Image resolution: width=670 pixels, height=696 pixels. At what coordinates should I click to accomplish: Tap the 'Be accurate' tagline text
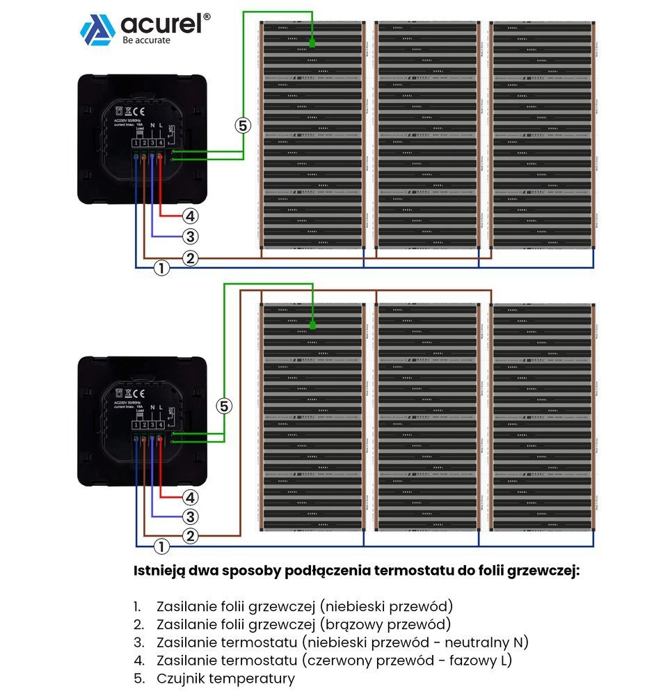146,40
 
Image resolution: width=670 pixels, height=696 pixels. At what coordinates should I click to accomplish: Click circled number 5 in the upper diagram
241,125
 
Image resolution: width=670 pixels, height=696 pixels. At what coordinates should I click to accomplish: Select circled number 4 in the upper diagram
191,216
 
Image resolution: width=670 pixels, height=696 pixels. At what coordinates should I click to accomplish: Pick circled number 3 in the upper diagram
191,236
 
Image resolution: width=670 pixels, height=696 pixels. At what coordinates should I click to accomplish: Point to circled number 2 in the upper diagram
191,258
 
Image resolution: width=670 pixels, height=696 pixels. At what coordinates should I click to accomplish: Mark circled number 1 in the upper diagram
161,267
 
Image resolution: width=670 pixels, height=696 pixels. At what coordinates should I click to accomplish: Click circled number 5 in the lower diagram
223,406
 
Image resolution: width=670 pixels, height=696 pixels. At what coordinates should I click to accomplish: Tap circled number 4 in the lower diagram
191,497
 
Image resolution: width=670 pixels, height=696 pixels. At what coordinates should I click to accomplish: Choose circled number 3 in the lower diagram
191,516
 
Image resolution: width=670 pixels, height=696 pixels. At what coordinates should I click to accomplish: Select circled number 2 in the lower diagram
191,536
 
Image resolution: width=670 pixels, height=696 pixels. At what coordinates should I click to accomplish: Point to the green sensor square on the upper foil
312,44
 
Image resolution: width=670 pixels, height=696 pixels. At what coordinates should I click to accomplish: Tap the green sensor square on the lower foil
312,324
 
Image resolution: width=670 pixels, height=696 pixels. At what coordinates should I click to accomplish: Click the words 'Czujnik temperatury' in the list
226,679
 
